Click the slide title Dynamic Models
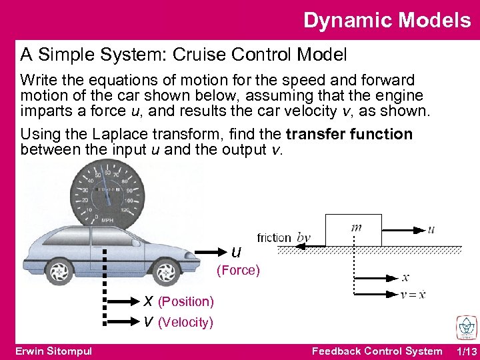pos(387,20)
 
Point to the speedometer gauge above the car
pos(107,193)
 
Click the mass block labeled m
pos(353,230)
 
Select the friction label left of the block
pos(274,238)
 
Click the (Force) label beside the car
pos(238,271)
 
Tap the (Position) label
pos(185,302)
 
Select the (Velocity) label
pos(185,323)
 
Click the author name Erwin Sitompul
pos(53,351)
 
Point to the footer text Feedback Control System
pos(377,351)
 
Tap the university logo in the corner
pos(465,327)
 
